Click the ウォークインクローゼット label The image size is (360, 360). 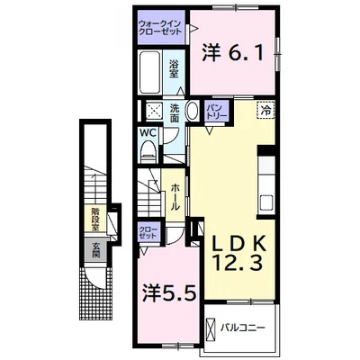pyautogui.click(x=160, y=27)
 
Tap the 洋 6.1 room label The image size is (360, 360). pyautogui.click(x=233, y=53)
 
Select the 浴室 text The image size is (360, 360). pyautogui.click(x=173, y=69)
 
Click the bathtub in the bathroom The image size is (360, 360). pyautogui.click(x=149, y=72)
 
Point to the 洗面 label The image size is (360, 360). pyautogui.click(x=175, y=112)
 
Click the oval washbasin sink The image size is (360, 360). pyautogui.click(x=193, y=111)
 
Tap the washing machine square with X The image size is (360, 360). pyautogui.click(x=154, y=111)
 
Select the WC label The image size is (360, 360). pyautogui.click(x=148, y=133)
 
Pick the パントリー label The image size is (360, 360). pyautogui.click(x=216, y=112)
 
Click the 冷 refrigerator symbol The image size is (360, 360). pyautogui.click(x=265, y=111)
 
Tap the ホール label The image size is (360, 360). pyautogui.click(x=175, y=196)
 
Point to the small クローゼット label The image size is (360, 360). pyautogui.click(x=148, y=231)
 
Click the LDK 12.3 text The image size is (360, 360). pyautogui.click(x=239, y=253)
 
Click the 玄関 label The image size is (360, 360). pyautogui.click(x=95, y=250)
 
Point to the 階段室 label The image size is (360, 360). pyautogui.click(x=95, y=219)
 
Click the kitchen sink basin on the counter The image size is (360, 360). pyautogui.click(x=266, y=203)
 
